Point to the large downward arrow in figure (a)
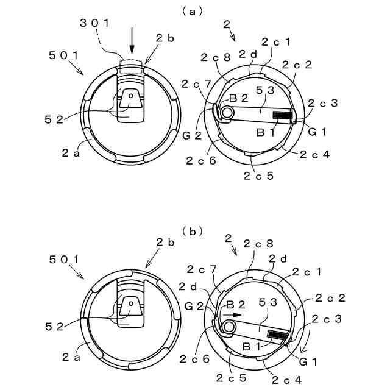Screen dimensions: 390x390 click(132, 46)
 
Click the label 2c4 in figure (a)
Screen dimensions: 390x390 click(316, 154)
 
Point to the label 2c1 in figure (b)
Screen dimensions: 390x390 click(307, 271)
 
